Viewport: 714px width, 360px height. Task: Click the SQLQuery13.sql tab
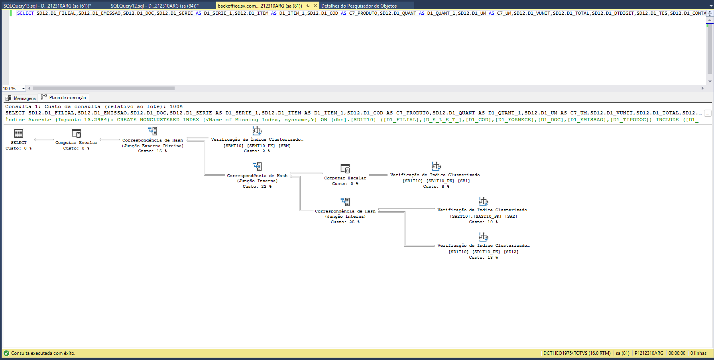(x=47, y=6)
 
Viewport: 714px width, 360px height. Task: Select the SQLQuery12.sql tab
(x=154, y=6)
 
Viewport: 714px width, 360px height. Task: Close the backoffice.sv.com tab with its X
(x=315, y=6)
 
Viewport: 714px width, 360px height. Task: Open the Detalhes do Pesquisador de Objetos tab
(x=359, y=6)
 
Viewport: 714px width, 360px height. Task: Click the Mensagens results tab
(x=21, y=98)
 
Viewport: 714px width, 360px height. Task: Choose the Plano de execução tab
(x=64, y=98)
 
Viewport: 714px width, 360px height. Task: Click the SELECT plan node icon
(x=19, y=133)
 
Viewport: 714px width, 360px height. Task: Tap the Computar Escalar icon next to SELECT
(x=76, y=133)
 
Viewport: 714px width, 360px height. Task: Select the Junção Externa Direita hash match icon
(x=153, y=131)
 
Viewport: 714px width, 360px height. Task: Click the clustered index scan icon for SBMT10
(x=257, y=130)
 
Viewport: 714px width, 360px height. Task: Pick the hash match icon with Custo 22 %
(x=257, y=166)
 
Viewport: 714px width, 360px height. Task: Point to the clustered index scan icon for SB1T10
(x=436, y=166)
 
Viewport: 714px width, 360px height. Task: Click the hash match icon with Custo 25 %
(x=345, y=202)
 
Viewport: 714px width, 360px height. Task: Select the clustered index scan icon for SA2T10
(x=483, y=201)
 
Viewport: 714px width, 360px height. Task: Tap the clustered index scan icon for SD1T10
(x=483, y=237)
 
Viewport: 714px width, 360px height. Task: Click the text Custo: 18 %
(x=483, y=258)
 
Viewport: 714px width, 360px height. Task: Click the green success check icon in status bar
(x=6, y=353)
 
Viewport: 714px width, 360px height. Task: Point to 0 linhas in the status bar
(x=698, y=353)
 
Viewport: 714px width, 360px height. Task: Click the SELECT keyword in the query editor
(x=25, y=13)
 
